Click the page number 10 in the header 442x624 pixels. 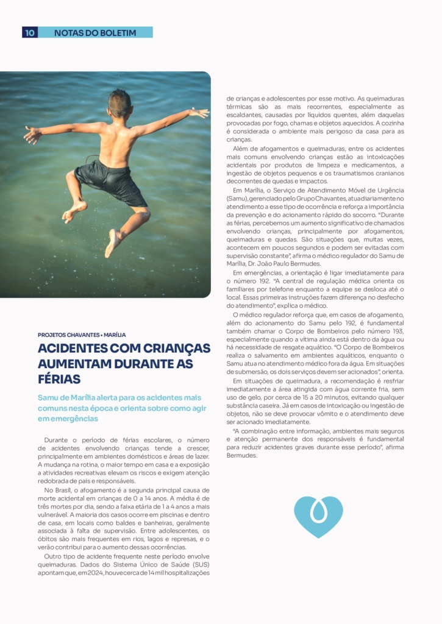click(30, 32)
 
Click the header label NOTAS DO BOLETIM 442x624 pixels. click(94, 32)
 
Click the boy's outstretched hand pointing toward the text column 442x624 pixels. click(199, 113)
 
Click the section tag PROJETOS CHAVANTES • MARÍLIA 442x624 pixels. click(82, 335)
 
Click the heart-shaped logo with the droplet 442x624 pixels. click(318, 516)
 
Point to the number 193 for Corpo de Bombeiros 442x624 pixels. click(396, 331)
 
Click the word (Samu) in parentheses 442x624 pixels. click(237, 199)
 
